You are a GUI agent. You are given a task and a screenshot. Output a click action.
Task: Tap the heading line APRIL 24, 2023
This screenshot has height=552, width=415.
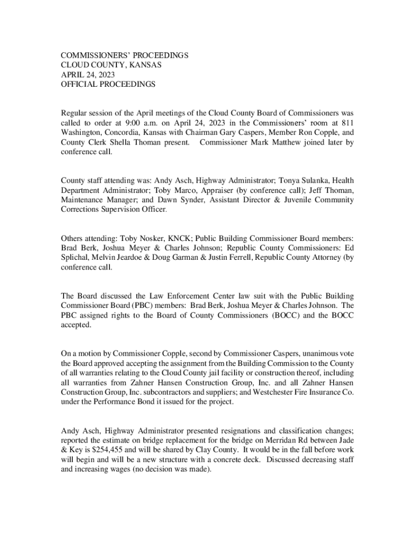(x=88, y=75)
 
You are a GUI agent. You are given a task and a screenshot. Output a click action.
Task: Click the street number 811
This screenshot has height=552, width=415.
(x=347, y=123)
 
